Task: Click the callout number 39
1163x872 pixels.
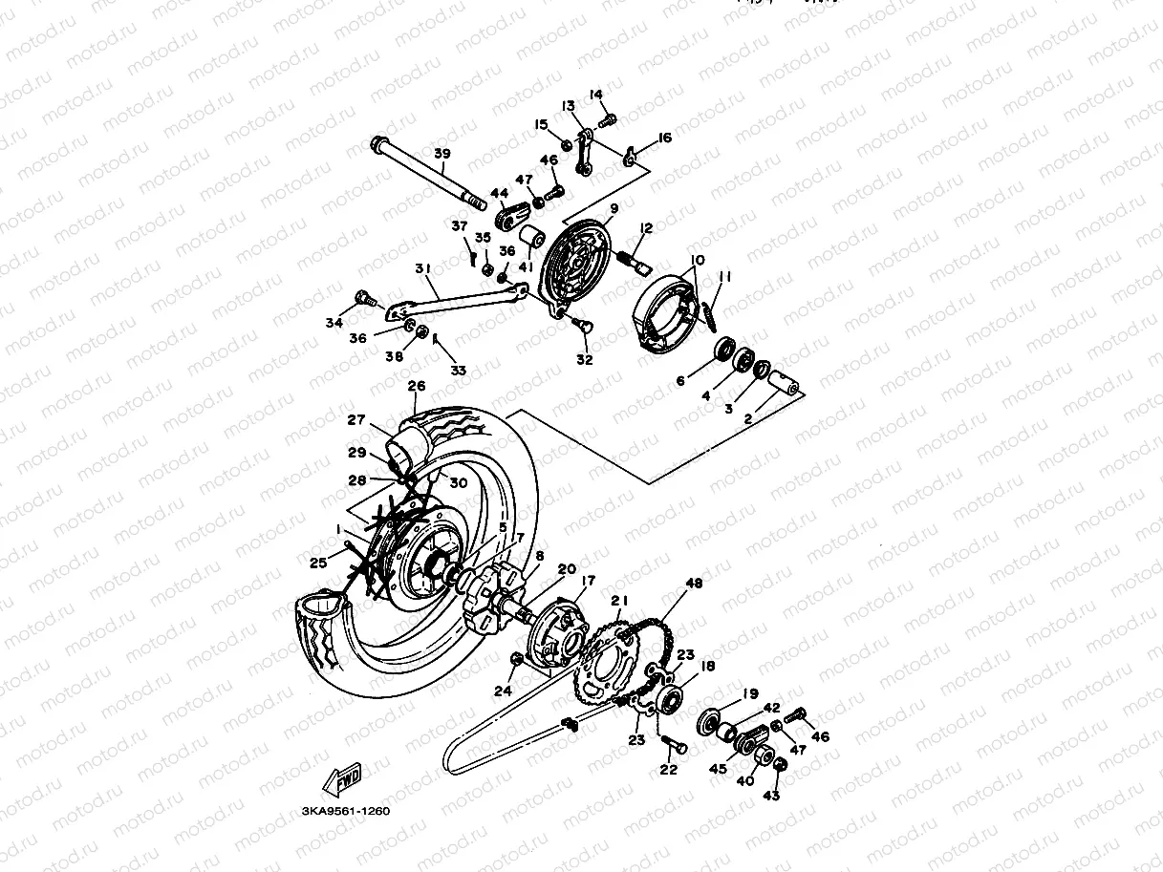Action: pyautogui.click(x=442, y=154)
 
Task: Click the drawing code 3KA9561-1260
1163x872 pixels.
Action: pyautogui.click(x=345, y=811)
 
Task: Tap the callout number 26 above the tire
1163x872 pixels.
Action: pyautogui.click(x=416, y=387)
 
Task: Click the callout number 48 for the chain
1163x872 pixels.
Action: pyautogui.click(x=694, y=584)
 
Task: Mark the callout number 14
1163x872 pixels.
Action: pyautogui.click(x=596, y=95)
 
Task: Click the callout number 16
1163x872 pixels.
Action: pyautogui.click(x=664, y=138)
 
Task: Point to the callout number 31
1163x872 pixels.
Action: pyautogui.click(x=422, y=268)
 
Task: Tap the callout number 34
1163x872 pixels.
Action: pyautogui.click(x=334, y=324)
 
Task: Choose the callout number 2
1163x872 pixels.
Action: pyautogui.click(x=748, y=418)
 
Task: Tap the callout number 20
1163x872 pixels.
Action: pyautogui.click(x=567, y=569)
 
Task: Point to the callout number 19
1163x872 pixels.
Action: pyautogui.click(x=750, y=694)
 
